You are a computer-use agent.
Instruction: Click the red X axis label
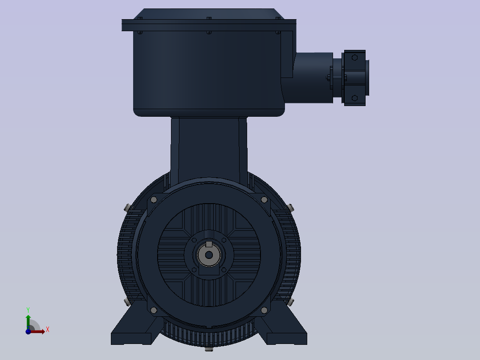pyautogui.click(x=48, y=330)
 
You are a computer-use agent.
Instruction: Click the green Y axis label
pyautogui.click(x=28, y=310)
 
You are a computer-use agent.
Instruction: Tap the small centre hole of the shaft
pyautogui.click(x=209, y=255)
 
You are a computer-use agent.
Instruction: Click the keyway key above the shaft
pyautogui.click(x=209, y=244)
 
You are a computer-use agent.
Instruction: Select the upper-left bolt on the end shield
pyautogui.click(x=154, y=200)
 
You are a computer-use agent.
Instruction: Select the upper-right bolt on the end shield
pyautogui.click(x=264, y=200)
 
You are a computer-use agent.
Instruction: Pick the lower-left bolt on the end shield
pyautogui.click(x=154, y=311)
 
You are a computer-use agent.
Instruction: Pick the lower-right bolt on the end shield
pyautogui.click(x=264, y=311)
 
